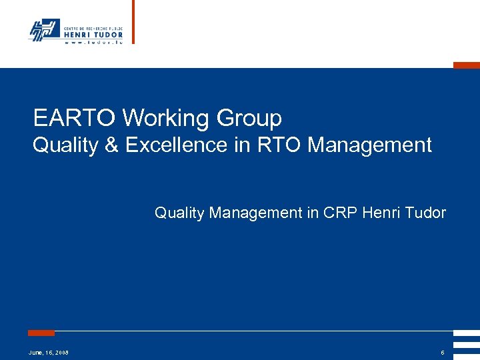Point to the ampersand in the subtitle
click(x=111, y=145)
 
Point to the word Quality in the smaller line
click(x=179, y=213)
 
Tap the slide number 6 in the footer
click(x=442, y=352)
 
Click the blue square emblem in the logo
click(x=44, y=29)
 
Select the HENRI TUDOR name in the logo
click(x=93, y=35)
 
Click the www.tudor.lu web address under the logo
click(x=93, y=42)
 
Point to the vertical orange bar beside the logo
click(x=133, y=21)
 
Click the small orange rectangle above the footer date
click(x=41, y=333)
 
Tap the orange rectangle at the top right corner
click(x=466, y=65)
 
